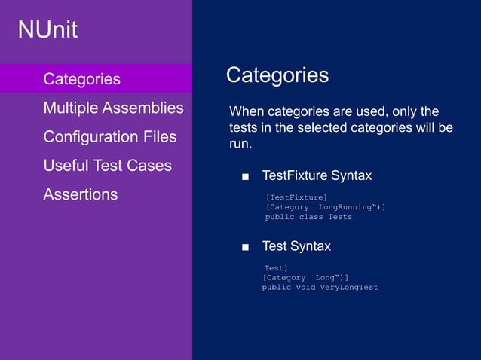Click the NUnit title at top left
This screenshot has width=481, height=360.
[47, 30]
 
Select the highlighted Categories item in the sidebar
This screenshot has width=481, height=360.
[81, 79]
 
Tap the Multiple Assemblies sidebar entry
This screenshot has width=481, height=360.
[113, 108]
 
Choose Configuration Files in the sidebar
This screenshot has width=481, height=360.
[109, 137]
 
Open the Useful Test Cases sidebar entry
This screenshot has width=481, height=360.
[107, 166]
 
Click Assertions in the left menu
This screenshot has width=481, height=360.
[80, 194]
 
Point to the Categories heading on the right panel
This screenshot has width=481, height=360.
[277, 75]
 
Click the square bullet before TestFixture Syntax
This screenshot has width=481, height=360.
[245, 177]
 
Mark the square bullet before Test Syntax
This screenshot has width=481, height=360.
[245, 247]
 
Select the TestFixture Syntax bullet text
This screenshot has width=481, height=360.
[316, 176]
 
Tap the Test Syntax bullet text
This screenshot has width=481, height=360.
[296, 246]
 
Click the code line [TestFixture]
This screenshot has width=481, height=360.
[296, 197]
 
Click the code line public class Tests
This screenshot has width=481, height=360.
[308, 217]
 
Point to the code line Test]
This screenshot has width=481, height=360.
[275, 267]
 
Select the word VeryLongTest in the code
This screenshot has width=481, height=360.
[348, 287]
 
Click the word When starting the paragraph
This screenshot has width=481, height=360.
[247, 111]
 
